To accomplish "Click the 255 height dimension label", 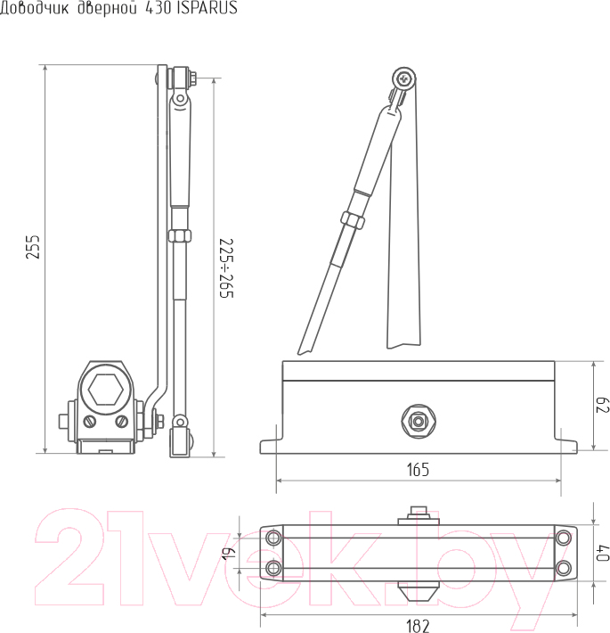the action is tap(34, 247).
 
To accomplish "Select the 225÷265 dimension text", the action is tap(226, 268).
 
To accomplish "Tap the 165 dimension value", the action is tap(418, 470).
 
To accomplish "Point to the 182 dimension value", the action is tap(418, 626).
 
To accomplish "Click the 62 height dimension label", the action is tap(602, 405).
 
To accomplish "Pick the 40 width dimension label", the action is tap(603, 553).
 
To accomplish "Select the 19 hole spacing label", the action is tap(227, 553).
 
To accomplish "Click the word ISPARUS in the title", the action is tap(207, 8).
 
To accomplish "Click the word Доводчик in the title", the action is tap(34, 9).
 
